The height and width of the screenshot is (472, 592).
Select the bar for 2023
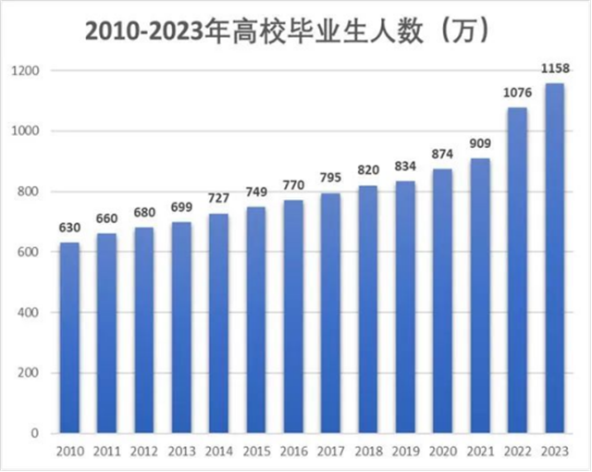(554, 259)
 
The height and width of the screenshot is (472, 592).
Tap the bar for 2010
(69, 338)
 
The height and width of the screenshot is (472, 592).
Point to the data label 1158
(554, 68)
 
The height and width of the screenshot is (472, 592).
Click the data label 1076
(517, 93)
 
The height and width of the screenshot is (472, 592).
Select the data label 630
(69, 228)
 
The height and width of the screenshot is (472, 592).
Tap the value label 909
(480, 143)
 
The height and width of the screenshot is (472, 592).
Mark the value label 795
(330, 178)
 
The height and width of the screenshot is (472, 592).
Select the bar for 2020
(442, 301)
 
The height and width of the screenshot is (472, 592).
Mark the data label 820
(368, 170)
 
